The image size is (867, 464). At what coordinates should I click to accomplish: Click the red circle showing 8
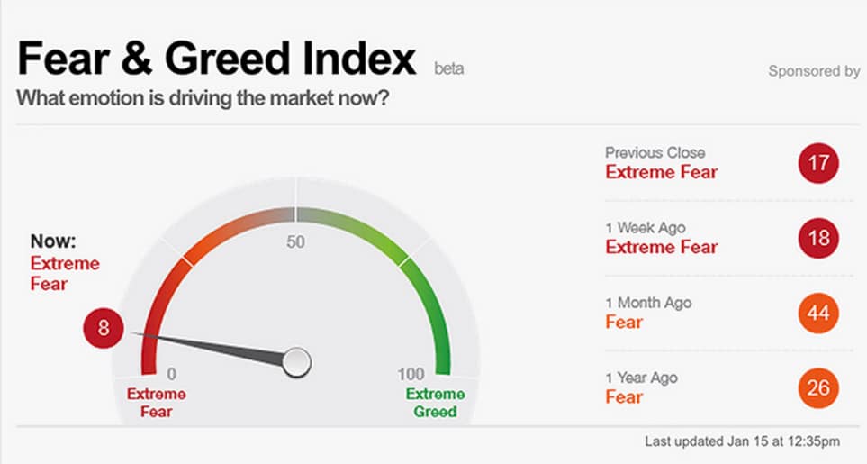[104, 328]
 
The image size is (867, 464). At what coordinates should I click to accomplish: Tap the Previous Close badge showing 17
[818, 163]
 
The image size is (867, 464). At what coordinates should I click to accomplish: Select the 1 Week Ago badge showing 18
[818, 238]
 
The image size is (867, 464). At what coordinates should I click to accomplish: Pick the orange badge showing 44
[818, 313]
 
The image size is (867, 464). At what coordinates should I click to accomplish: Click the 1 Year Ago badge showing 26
[818, 388]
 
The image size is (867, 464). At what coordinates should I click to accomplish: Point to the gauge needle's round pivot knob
[297, 363]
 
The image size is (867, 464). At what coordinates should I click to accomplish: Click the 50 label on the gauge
[296, 241]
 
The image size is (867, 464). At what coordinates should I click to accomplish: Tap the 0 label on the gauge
[172, 375]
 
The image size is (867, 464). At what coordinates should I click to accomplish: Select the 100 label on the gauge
[411, 375]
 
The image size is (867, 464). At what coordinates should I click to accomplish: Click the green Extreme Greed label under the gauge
[435, 403]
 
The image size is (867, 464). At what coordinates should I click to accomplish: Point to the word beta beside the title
[449, 69]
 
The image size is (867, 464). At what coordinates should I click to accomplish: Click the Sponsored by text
[814, 71]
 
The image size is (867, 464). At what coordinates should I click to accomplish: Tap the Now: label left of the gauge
[53, 241]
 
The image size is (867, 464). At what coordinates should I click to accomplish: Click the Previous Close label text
[655, 152]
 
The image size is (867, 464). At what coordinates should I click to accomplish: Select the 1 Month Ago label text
[648, 303]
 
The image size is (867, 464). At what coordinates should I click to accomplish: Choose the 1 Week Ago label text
[646, 228]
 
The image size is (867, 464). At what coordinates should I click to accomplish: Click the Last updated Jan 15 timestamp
[743, 441]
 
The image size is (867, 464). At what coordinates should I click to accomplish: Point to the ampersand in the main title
[136, 58]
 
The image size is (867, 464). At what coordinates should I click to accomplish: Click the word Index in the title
[359, 58]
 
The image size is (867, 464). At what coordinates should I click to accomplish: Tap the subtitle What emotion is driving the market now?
[203, 98]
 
